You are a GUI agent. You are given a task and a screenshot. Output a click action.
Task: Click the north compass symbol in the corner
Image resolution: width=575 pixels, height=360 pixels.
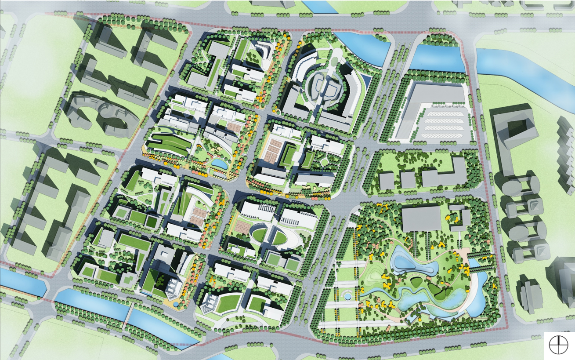point(558,344)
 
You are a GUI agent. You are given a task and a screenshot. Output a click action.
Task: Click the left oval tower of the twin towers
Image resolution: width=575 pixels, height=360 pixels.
point(316,86)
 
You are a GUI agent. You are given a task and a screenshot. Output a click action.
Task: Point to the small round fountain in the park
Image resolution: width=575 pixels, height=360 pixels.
point(347,296)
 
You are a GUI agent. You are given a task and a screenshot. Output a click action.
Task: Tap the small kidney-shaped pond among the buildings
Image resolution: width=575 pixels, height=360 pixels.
point(219,164)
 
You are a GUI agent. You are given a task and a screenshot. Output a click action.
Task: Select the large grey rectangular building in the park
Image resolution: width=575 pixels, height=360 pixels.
point(421,218)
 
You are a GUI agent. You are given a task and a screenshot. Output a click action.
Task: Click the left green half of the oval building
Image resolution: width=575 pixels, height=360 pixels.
point(261,235)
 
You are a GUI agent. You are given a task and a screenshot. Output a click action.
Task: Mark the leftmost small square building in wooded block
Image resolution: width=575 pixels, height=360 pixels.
point(386,181)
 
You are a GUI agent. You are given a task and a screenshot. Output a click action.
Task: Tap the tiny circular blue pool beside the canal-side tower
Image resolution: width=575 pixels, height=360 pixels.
point(176,303)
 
